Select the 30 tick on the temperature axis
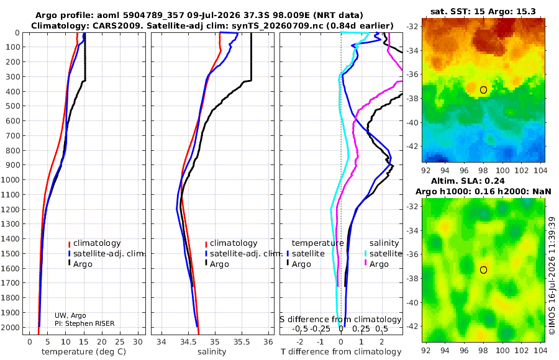(138, 342)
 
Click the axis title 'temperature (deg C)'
(84, 352)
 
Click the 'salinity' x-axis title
(212, 352)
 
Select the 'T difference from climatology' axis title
(341, 352)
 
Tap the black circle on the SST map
(483, 90)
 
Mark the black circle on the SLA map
(483, 270)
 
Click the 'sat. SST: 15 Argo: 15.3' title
(483, 11)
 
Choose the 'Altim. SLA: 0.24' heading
(468, 181)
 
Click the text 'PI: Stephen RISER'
(84, 323)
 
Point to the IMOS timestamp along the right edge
(552, 276)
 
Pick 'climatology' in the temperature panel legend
(97, 243)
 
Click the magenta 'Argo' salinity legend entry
(379, 264)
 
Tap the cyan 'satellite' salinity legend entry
(385, 254)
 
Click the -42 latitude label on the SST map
(412, 146)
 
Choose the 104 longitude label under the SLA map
(540, 350)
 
